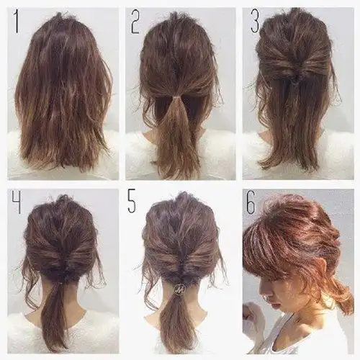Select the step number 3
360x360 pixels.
(x=255, y=22)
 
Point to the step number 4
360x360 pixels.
(x=17, y=204)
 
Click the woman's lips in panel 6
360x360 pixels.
(x=276, y=305)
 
